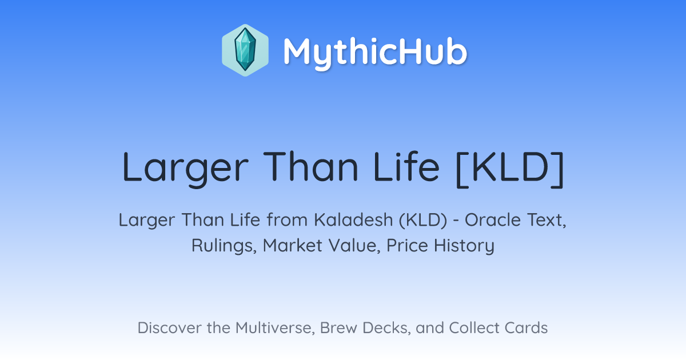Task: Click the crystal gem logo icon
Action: pyautogui.click(x=245, y=50)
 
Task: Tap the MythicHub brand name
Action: pyautogui.click(x=375, y=53)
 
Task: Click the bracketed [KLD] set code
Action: pyautogui.click(x=510, y=169)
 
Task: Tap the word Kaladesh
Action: pyautogui.click(x=353, y=219)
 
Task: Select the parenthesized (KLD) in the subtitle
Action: pyautogui.click(x=423, y=220)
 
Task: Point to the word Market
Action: pyautogui.click(x=293, y=245)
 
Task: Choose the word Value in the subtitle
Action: pyautogui.click(x=354, y=245)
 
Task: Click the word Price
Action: pyautogui.click(x=407, y=245)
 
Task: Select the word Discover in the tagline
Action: pyautogui.click(x=170, y=327)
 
